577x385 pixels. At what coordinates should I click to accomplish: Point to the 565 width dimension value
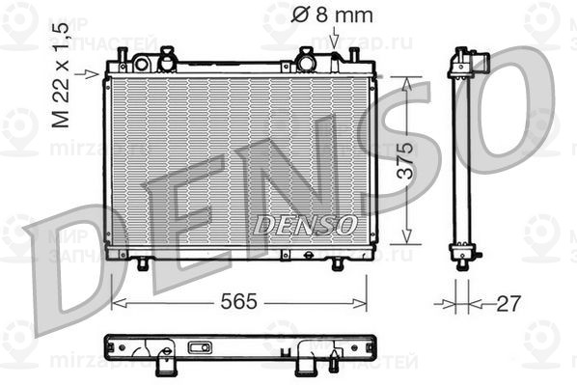237,302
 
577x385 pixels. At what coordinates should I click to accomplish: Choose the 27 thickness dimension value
508,302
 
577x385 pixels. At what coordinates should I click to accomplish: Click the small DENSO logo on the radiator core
305,224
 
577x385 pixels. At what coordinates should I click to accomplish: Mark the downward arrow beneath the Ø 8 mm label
334,39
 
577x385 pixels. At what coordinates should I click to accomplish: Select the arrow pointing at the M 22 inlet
93,73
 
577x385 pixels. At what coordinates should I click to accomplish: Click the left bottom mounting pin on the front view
143,263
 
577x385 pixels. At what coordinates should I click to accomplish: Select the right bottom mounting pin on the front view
338,263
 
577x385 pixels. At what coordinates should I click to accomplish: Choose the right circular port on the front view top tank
307,62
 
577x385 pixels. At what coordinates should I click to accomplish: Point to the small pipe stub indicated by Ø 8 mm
335,54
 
